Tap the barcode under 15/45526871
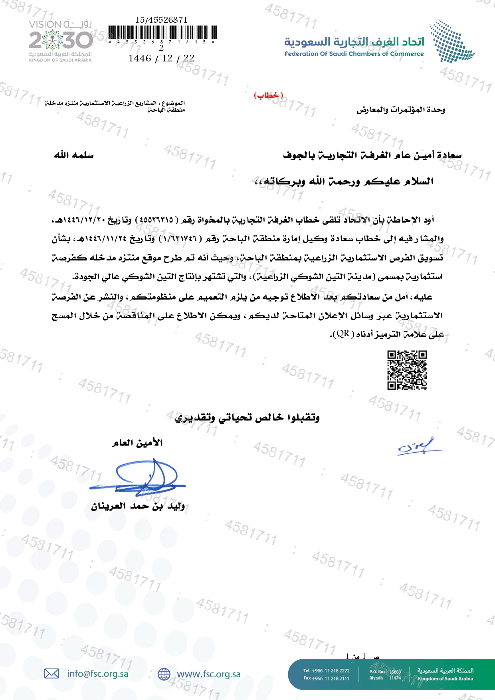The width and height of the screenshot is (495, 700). click(162, 32)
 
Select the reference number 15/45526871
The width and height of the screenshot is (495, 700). click(161, 20)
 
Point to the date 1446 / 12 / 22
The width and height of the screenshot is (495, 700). click(161, 59)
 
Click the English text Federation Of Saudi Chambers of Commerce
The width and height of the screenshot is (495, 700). click(354, 54)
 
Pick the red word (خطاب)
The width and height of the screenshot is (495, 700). click(268, 95)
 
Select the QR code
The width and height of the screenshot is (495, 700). click(407, 370)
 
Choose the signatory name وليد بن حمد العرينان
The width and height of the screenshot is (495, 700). click(138, 507)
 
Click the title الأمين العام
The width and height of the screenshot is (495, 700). click(137, 443)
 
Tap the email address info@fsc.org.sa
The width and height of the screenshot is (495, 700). click(97, 674)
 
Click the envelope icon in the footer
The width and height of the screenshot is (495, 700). click(51, 674)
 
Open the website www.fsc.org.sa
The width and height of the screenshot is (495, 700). click(208, 674)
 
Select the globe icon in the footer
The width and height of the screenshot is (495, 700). click(164, 674)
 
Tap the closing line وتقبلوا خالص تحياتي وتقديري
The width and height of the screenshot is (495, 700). click(247, 418)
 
